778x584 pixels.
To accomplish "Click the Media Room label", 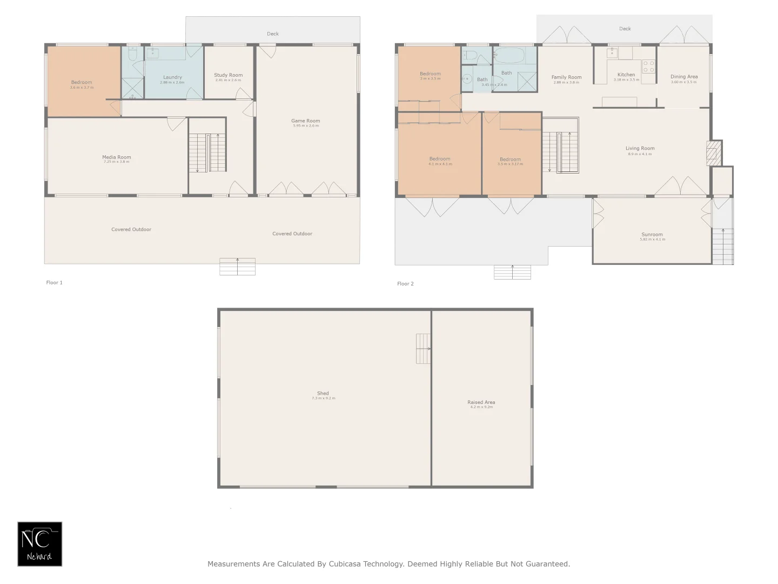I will [x=117, y=157].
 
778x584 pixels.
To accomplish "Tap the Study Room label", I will [x=228, y=75].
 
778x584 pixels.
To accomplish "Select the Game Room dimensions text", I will [x=306, y=126].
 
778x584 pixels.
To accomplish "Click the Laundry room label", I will [x=172, y=77].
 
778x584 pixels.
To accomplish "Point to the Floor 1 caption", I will [x=54, y=282].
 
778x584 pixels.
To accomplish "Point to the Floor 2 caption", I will [x=405, y=283].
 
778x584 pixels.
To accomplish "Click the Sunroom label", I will [x=652, y=235].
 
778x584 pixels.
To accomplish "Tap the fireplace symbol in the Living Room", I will [x=713, y=153].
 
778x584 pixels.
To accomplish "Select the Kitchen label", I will [x=626, y=75].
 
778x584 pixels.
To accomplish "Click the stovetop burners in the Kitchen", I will [x=648, y=67].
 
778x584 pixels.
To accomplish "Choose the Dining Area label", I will [x=684, y=77].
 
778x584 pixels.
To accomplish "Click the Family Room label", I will [x=566, y=77].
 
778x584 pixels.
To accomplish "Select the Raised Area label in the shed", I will [x=481, y=402].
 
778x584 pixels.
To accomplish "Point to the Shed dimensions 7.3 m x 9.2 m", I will [x=323, y=399].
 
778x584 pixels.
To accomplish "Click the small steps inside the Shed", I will [x=423, y=349].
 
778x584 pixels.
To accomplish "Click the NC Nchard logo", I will [x=40, y=544].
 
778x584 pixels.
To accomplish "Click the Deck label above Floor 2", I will [x=625, y=29].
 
